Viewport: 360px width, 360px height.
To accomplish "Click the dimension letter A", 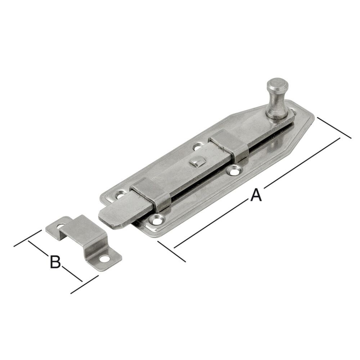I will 255,195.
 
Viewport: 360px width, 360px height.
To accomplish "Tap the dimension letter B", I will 55,262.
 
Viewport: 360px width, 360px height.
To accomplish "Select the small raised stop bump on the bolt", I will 196,162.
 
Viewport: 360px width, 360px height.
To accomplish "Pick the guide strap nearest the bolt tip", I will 151,194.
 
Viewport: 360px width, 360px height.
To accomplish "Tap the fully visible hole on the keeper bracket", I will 105,258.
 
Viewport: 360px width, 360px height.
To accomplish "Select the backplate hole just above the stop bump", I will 197,147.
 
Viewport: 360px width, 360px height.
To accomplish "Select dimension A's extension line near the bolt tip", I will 171,251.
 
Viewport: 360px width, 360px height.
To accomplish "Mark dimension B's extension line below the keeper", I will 85,284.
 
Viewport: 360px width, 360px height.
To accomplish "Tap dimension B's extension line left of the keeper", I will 27,238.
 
